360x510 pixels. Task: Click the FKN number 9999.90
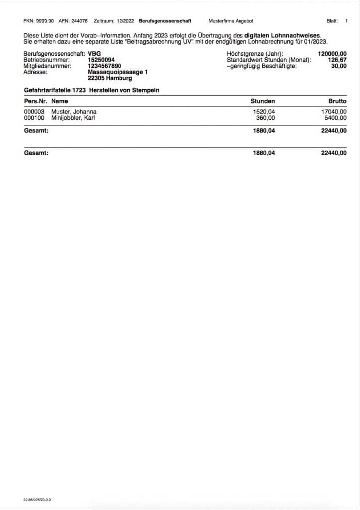(x=42, y=21)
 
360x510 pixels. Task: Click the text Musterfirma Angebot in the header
(x=231, y=21)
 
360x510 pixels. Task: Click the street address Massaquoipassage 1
(x=118, y=72)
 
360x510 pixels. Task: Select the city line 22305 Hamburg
(x=107, y=78)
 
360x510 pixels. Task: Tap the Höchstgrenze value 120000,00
(x=332, y=54)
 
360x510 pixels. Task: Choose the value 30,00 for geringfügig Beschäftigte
(x=339, y=66)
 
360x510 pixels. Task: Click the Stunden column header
(x=263, y=101)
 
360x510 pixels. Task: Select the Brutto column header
(x=337, y=101)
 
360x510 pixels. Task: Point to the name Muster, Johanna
(x=74, y=112)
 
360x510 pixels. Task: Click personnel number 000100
(x=34, y=118)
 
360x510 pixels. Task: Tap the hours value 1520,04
(x=264, y=112)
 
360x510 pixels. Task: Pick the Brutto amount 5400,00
(x=335, y=118)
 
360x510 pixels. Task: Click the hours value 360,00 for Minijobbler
(x=265, y=118)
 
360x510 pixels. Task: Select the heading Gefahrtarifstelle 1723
(x=54, y=90)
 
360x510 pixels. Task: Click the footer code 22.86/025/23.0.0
(x=37, y=499)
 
